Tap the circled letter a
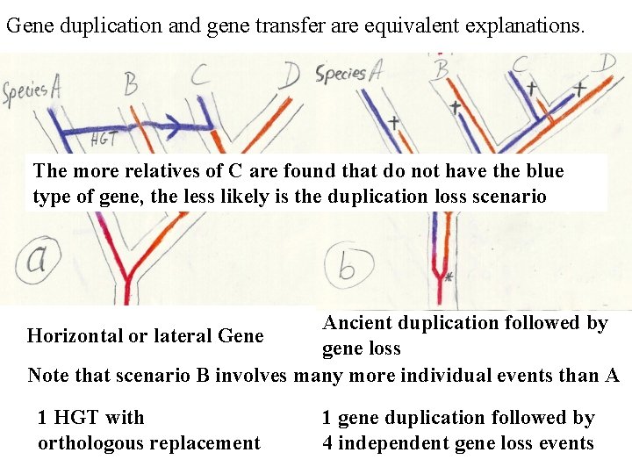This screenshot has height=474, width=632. [37, 259]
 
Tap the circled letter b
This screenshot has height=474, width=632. [347, 266]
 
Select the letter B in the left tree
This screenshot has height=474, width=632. [131, 83]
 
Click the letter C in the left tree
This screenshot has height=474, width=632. [201, 75]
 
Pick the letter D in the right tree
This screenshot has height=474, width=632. [607, 62]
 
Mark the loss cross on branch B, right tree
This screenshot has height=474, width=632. [455, 106]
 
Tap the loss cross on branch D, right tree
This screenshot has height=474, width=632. [579, 89]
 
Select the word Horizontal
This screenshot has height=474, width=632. [75, 335]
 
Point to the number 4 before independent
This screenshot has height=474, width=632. [327, 442]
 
